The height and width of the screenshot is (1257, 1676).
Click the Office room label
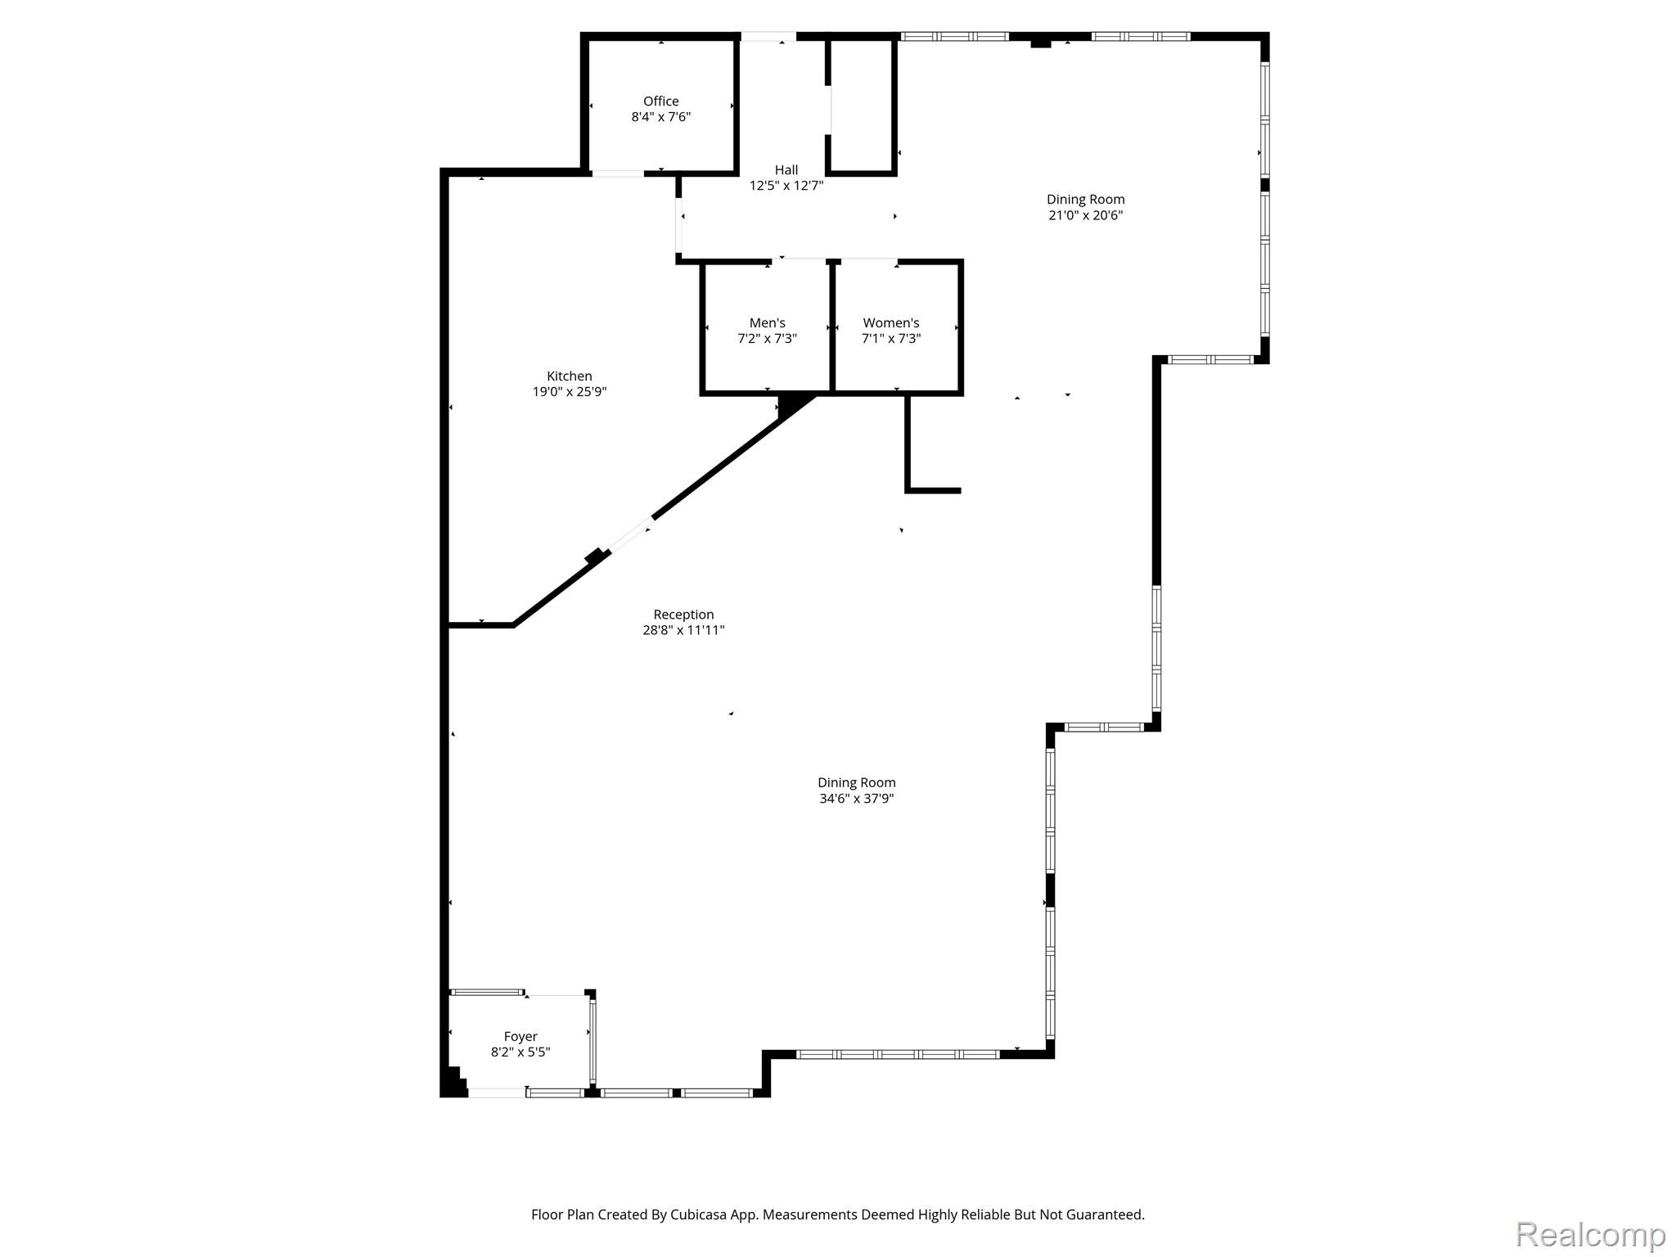(660, 101)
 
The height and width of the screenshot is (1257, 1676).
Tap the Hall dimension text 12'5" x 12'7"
(786, 186)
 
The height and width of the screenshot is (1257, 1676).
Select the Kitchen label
(570, 376)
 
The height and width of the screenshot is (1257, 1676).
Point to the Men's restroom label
(768, 323)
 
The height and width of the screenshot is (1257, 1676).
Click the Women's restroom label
(891, 323)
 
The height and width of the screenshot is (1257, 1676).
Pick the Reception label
(683, 615)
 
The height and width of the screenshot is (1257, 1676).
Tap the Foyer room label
(520, 1037)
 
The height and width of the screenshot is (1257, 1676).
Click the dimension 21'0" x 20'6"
(1086, 215)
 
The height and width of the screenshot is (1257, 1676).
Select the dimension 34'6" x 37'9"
(857, 798)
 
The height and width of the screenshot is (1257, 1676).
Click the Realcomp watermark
(1590, 1234)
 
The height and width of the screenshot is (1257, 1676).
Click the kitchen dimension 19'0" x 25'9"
(570, 392)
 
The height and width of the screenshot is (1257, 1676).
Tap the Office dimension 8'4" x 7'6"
(660, 117)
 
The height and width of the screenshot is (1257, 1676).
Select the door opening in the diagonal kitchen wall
(630, 535)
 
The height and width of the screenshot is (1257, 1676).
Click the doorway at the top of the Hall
(768, 37)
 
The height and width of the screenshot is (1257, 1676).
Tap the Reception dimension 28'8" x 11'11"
(683, 630)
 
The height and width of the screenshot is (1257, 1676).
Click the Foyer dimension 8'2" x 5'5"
(520, 1052)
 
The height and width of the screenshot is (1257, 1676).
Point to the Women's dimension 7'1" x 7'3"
(891, 339)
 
